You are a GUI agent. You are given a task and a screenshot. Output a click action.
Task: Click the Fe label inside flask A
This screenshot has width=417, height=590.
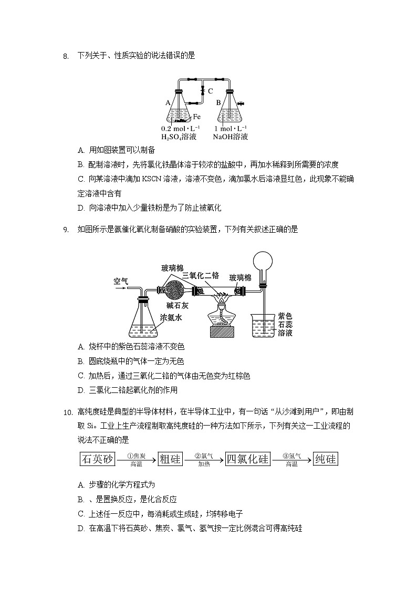tap(196, 117)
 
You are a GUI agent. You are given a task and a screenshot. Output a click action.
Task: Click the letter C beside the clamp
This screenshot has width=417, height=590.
tap(210, 91)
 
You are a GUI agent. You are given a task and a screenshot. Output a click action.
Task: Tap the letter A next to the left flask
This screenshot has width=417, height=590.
tap(168, 103)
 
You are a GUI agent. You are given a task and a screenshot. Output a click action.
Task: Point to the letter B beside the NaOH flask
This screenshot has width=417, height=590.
tap(218, 103)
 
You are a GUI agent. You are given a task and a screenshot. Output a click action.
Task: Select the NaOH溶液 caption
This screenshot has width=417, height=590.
tap(230, 137)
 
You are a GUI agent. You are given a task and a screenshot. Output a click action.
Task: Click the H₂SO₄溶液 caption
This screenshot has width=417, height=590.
tap(179, 137)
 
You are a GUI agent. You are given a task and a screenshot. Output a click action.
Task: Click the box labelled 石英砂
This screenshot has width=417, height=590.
tap(97, 459)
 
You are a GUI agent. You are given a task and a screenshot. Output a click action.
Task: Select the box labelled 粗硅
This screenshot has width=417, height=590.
tap(170, 459)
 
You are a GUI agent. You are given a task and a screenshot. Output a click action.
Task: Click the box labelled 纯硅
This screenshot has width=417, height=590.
tap(325, 459)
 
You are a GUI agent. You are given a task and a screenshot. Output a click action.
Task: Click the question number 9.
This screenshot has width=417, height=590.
tap(66, 230)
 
